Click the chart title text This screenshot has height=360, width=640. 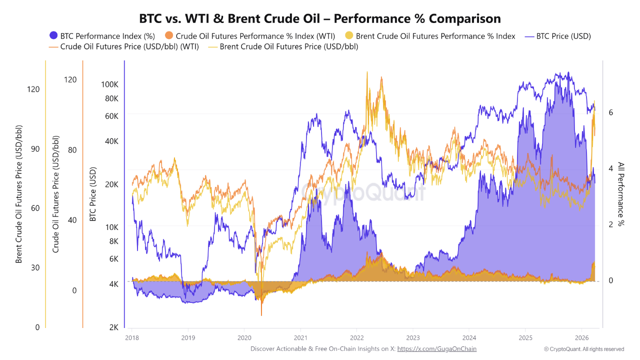tap(320, 18)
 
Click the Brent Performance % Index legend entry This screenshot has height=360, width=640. tap(430, 36)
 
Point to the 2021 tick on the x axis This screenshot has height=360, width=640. tap(300, 337)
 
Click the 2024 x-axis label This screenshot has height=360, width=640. tap(469, 337)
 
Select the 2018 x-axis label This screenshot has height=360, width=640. tap(132, 337)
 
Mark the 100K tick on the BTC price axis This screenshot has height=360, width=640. tap(109, 84)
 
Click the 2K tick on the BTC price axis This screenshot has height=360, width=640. tap(113, 327)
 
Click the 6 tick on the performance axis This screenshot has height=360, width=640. tap(610, 112)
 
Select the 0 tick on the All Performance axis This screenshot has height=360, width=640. tap(610, 281)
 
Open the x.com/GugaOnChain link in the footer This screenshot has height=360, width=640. tap(436, 348)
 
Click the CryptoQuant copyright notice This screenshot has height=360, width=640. tap(584, 349)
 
